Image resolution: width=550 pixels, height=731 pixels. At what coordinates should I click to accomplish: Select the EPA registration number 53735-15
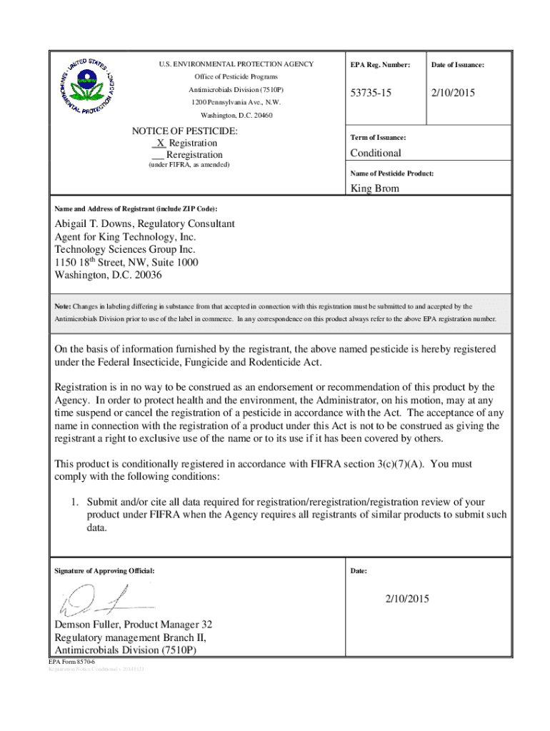(373, 94)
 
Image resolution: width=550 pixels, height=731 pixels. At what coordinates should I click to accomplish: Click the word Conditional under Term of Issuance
(375, 153)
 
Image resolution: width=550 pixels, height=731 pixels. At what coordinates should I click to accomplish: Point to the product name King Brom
(374, 188)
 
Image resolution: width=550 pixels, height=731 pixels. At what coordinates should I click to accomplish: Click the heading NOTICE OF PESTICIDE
(185, 131)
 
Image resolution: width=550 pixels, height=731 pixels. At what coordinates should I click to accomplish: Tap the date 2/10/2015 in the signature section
(407, 599)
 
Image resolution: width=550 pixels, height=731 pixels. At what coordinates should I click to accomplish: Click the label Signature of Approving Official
(104, 571)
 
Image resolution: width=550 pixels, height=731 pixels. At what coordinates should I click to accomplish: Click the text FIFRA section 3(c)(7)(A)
(366, 464)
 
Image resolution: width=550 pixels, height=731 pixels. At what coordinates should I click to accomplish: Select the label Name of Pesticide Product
(391, 173)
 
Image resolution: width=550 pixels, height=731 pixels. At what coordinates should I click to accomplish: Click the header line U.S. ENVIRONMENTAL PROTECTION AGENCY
(236, 64)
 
